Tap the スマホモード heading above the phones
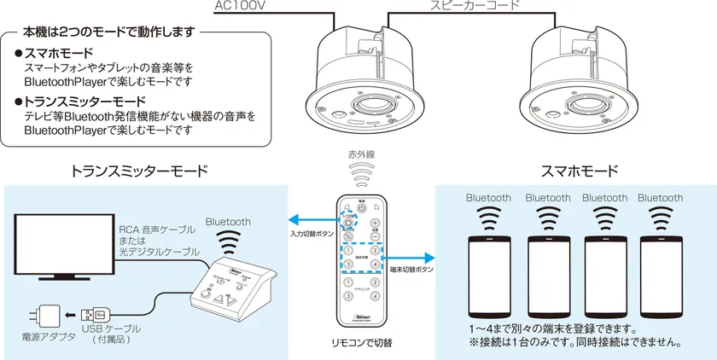coord(580,171)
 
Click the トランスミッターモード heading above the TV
coord(139,171)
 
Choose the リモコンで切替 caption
coord(361,344)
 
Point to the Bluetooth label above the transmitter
coord(228,222)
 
